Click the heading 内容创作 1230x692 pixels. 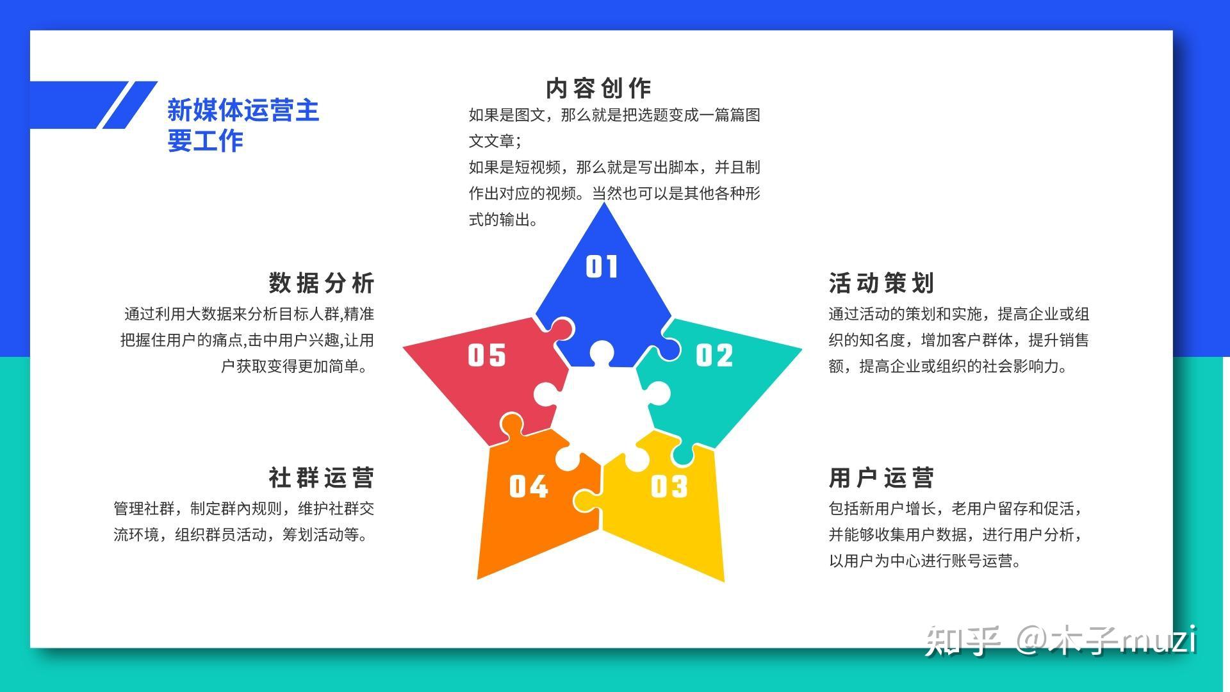coord(598,88)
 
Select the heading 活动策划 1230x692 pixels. coord(881,283)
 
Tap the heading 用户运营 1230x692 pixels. coord(881,477)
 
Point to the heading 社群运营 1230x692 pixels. coord(322,477)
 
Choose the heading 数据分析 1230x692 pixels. coord(322,283)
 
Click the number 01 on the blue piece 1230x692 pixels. coord(602,267)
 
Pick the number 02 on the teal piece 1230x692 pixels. coord(714,355)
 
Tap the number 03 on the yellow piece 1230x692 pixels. coord(669,487)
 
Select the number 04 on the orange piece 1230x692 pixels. coord(529,487)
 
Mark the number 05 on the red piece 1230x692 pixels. coord(487,355)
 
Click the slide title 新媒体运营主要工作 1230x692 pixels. coord(243,125)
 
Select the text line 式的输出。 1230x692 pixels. coord(504,220)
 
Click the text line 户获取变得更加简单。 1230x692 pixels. coord(297,366)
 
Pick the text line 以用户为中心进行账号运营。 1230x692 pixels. coord(924,561)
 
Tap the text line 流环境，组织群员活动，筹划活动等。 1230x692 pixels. coord(243,534)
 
